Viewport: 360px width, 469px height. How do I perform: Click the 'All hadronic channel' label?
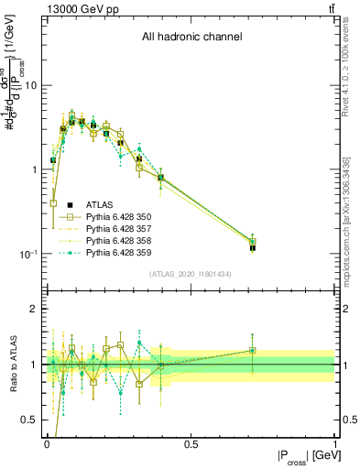click(x=191, y=38)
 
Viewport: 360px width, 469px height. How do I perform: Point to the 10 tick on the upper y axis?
click(x=32, y=85)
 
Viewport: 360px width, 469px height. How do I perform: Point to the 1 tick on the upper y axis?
click(x=35, y=169)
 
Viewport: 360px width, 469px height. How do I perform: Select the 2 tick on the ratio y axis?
click(x=35, y=309)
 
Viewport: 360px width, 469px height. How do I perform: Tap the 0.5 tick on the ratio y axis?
click(x=31, y=420)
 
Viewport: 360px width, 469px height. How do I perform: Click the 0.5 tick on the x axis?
click(x=191, y=442)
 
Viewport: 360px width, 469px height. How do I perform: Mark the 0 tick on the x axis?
click(x=47, y=442)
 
